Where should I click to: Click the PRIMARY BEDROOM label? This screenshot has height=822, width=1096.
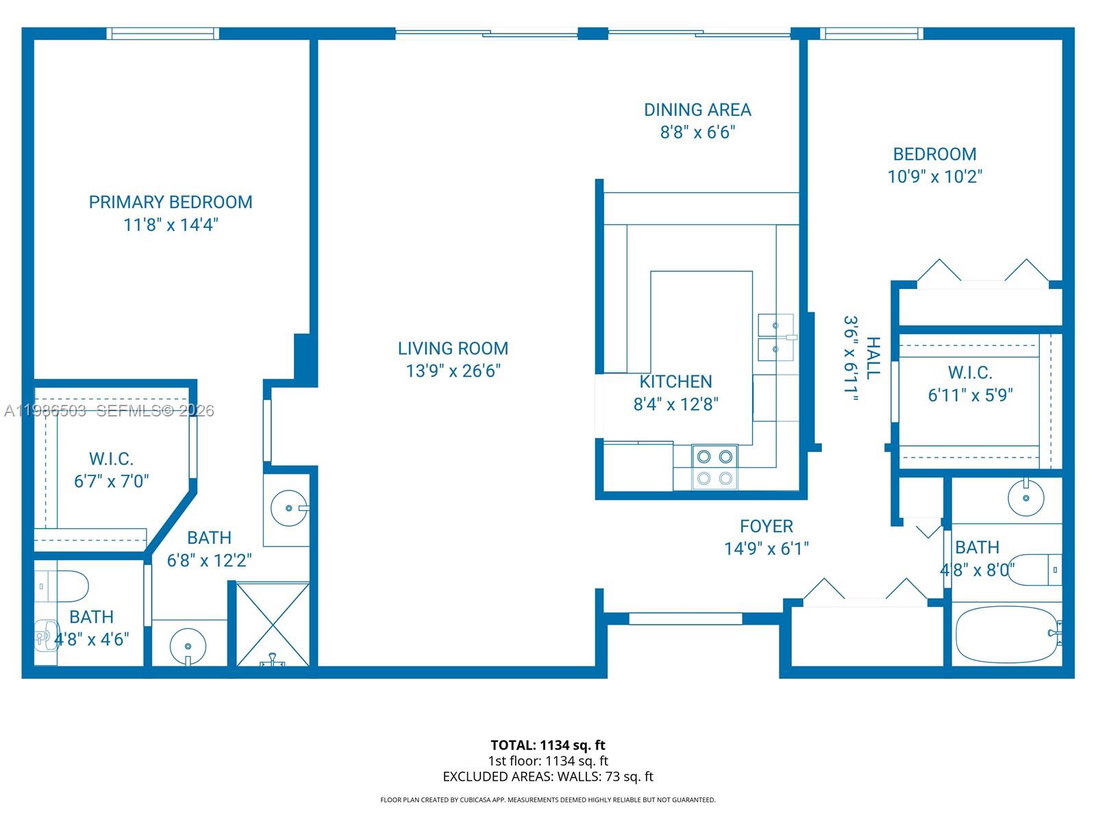(x=171, y=202)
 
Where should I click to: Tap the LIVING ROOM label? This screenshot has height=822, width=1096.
(x=453, y=349)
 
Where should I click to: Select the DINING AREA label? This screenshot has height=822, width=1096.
(x=697, y=110)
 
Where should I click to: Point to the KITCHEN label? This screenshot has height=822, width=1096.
(x=675, y=382)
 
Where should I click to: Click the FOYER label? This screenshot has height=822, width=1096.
(x=767, y=526)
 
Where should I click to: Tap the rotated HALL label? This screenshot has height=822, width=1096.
(x=873, y=358)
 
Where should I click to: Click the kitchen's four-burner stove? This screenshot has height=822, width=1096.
(x=714, y=467)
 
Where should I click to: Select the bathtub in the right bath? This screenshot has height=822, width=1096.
(x=1008, y=634)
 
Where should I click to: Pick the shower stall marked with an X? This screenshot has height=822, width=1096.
(x=273, y=624)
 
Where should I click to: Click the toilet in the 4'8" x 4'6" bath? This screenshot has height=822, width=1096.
(x=62, y=586)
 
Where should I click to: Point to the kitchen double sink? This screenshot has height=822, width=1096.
(x=776, y=337)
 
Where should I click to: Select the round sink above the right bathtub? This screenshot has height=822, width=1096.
(x=1025, y=497)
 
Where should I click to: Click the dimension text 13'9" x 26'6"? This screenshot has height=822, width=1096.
(x=453, y=371)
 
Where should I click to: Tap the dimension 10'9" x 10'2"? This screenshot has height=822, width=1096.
(x=935, y=176)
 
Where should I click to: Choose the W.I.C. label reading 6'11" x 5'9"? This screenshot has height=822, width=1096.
(x=970, y=384)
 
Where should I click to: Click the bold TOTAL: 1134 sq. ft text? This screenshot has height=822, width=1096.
(x=548, y=745)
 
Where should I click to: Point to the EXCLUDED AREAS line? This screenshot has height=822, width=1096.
(x=548, y=777)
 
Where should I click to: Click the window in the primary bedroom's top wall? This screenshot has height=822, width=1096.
(x=163, y=34)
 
